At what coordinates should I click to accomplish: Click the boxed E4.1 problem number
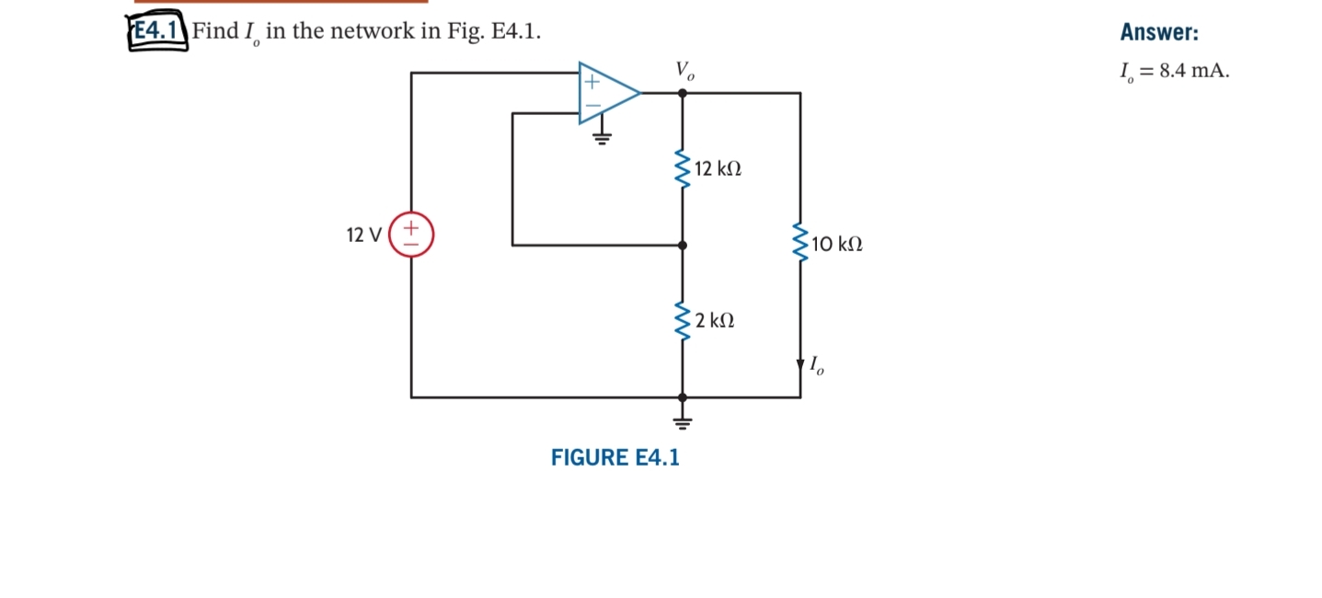(x=156, y=31)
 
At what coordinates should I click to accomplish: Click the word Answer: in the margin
(x=1159, y=32)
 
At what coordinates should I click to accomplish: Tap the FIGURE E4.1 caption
(x=615, y=457)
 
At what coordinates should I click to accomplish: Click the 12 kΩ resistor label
(x=718, y=169)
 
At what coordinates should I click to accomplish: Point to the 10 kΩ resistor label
(x=837, y=245)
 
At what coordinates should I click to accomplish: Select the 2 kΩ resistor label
(x=715, y=321)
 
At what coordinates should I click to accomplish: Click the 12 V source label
(x=363, y=235)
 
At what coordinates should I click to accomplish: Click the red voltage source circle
(x=411, y=235)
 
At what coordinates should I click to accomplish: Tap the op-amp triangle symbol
(x=605, y=93)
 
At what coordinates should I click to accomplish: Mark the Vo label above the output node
(x=685, y=70)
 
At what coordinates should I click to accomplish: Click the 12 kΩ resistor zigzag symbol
(x=682, y=168)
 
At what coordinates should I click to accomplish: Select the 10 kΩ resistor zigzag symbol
(x=800, y=244)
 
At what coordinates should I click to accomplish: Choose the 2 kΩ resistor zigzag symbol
(x=682, y=320)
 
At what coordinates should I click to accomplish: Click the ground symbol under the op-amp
(x=602, y=139)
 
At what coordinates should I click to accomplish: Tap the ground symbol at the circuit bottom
(x=682, y=422)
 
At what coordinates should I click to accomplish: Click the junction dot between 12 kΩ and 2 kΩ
(x=682, y=246)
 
